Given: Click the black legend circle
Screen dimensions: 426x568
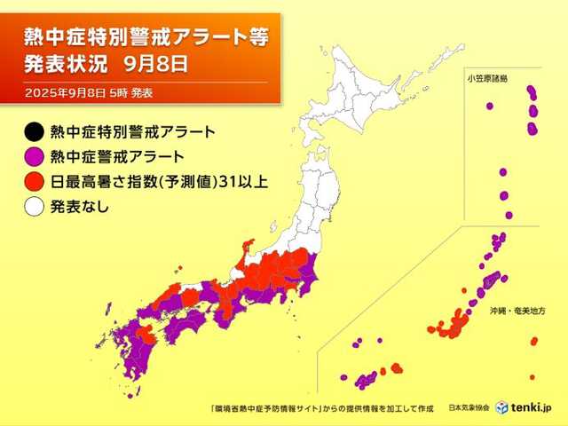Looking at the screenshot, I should coord(33,133).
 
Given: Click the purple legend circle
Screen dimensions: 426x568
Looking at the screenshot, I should coord(33,158).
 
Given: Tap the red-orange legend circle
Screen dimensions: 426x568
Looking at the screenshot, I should coord(33,183).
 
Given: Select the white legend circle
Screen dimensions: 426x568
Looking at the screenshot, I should coord(33,208).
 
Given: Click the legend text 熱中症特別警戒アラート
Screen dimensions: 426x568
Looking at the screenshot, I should coord(133,133).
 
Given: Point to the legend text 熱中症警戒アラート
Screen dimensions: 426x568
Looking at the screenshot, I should coord(118,158).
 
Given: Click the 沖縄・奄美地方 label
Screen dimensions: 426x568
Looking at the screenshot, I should coord(517,312).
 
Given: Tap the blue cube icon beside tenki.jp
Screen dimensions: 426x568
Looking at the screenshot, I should coord(501,407).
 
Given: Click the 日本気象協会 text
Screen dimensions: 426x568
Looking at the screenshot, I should coord(469,408).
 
